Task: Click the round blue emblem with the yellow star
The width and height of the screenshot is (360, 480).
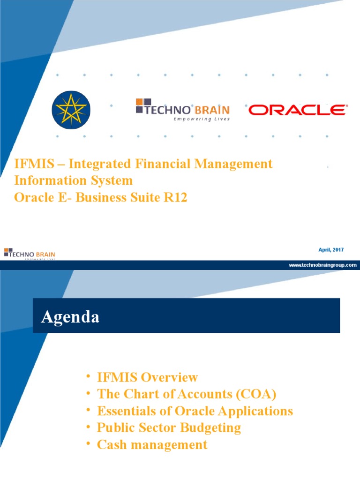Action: point(71,110)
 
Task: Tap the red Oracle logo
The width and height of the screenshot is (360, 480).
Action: point(297,110)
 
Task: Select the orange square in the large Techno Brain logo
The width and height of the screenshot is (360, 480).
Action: point(139,102)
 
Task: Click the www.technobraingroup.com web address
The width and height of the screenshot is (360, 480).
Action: point(322,265)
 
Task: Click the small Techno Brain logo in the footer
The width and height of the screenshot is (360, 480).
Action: point(29,254)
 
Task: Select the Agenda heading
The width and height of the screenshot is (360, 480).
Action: point(70,317)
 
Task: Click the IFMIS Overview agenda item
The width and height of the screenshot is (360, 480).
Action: point(147,377)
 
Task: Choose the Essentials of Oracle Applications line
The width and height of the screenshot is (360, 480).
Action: point(195,411)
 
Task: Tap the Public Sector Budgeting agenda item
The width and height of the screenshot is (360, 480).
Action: point(169,427)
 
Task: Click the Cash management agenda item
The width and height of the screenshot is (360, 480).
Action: point(152,444)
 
